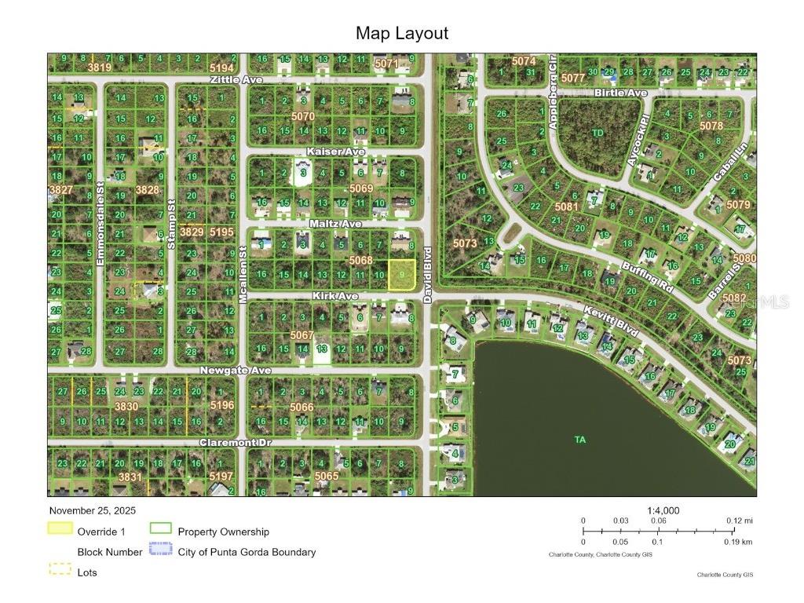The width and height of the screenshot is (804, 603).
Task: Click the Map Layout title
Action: tap(402, 33)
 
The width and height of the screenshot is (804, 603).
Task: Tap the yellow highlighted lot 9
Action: tap(401, 276)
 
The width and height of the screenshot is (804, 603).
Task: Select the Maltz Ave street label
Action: tap(335, 224)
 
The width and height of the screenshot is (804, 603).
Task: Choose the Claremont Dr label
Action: tap(235, 443)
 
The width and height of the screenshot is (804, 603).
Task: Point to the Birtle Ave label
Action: tap(620, 93)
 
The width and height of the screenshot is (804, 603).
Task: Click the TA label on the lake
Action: tap(580, 440)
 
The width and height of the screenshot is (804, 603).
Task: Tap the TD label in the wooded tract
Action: tap(598, 133)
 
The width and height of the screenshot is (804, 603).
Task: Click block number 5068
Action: tap(360, 260)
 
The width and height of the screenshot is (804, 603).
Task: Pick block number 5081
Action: tap(566, 207)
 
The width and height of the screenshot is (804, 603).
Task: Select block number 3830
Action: tap(126, 406)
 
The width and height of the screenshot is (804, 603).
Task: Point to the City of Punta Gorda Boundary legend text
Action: tap(247, 552)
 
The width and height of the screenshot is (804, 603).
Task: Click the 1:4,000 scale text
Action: tap(663, 510)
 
